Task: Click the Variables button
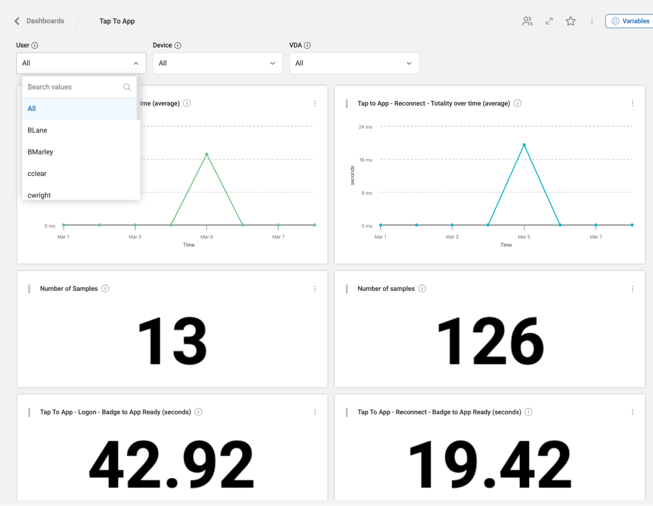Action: pyautogui.click(x=630, y=21)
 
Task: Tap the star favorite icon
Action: pyautogui.click(x=570, y=21)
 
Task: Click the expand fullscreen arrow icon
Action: pyautogui.click(x=549, y=21)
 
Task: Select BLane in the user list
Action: pyautogui.click(x=38, y=130)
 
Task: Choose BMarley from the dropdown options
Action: pyautogui.click(x=41, y=152)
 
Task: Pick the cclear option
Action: pyautogui.click(x=37, y=174)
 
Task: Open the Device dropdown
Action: pyautogui.click(x=218, y=63)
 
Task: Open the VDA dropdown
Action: pyautogui.click(x=354, y=63)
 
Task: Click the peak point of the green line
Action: pyautogui.click(x=207, y=154)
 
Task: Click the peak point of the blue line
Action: pyautogui.click(x=524, y=145)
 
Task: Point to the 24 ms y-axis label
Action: pyautogui.click(x=365, y=127)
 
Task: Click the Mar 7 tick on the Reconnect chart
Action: pyautogui.click(x=596, y=237)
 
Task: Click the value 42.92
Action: pyautogui.click(x=172, y=464)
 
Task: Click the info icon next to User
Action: pyautogui.click(x=35, y=45)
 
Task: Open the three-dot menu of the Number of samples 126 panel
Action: pyautogui.click(x=632, y=289)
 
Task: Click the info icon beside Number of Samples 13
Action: pyautogui.click(x=105, y=289)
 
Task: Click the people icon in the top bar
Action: pyautogui.click(x=527, y=21)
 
